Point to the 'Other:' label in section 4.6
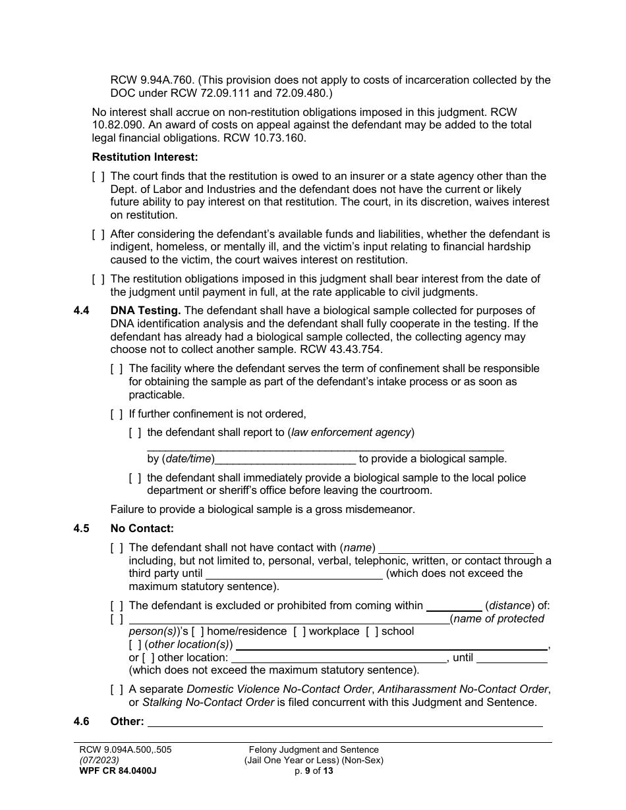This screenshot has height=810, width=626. click(x=127, y=721)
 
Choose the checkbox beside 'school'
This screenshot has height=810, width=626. click(x=372, y=632)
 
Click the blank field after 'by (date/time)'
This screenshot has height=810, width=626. click(x=285, y=459)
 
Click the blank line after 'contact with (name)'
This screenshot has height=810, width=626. click(x=457, y=548)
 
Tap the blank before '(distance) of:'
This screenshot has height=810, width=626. click(x=454, y=606)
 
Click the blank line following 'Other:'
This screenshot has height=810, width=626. click(x=345, y=722)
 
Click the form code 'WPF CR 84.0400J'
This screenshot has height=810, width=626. click(x=118, y=770)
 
